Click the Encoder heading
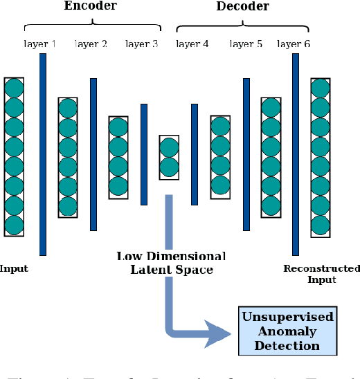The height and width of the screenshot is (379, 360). (91, 6)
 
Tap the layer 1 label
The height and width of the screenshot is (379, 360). (40, 44)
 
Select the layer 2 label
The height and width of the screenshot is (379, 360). (91, 44)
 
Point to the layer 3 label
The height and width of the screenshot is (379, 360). (142, 44)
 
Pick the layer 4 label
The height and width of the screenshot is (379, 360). (192, 44)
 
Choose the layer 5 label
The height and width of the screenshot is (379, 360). (246, 44)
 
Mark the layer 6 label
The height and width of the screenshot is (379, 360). (294, 44)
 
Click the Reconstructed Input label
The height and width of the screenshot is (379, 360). (322, 274)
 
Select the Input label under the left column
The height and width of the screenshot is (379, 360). (14, 268)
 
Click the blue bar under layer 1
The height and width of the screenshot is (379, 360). (43, 154)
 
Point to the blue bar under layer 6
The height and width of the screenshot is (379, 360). (296, 154)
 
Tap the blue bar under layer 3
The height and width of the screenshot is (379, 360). (144, 154)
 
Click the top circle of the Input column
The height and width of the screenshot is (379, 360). (14, 88)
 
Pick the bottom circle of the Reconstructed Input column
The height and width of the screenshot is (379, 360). (319, 225)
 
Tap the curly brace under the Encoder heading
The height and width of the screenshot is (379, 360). (91, 27)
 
